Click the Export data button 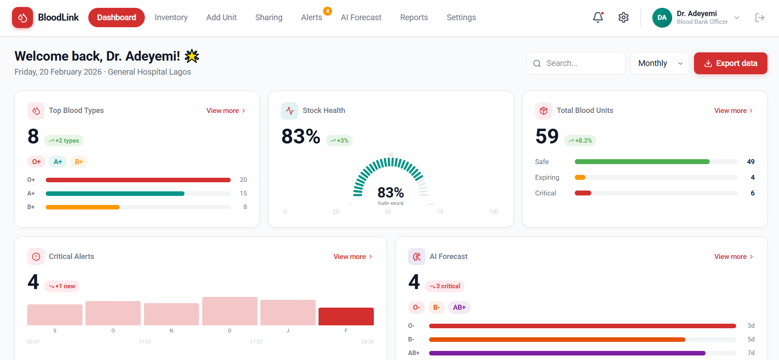point(730,63)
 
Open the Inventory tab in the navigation point(171,17)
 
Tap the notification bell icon point(598,17)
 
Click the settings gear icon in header point(623,17)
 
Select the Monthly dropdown point(659,63)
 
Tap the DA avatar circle point(662,18)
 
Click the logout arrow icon point(760,17)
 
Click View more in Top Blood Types point(226,111)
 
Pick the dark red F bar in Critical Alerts point(346,316)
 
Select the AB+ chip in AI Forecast point(459,307)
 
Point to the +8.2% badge point(580,141)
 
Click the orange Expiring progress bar point(580,177)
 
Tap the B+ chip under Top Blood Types point(79,162)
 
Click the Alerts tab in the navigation point(312,17)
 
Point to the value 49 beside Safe point(751,162)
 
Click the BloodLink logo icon point(22,17)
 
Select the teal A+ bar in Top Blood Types point(115,193)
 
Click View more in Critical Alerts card point(353,256)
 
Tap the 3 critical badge point(445,286)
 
